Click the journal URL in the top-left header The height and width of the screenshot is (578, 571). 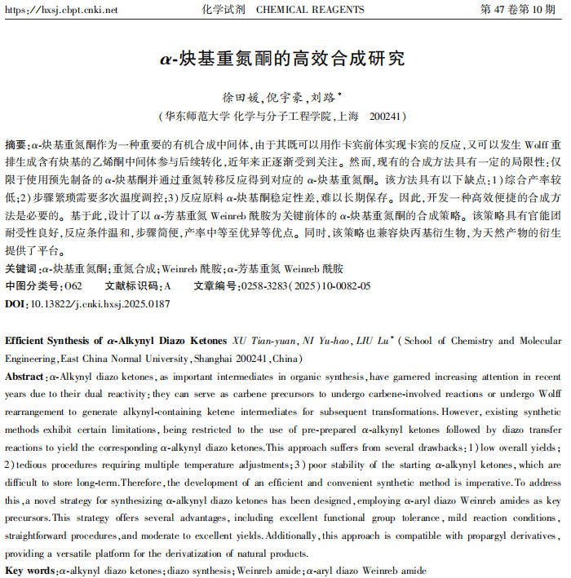pos(61,11)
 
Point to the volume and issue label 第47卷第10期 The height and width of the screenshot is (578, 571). pos(521,11)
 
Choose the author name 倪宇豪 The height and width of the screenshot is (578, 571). pos(283,97)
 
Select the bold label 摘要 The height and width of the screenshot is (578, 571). pos(15,142)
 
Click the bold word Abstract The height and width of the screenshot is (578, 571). pos(25,377)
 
